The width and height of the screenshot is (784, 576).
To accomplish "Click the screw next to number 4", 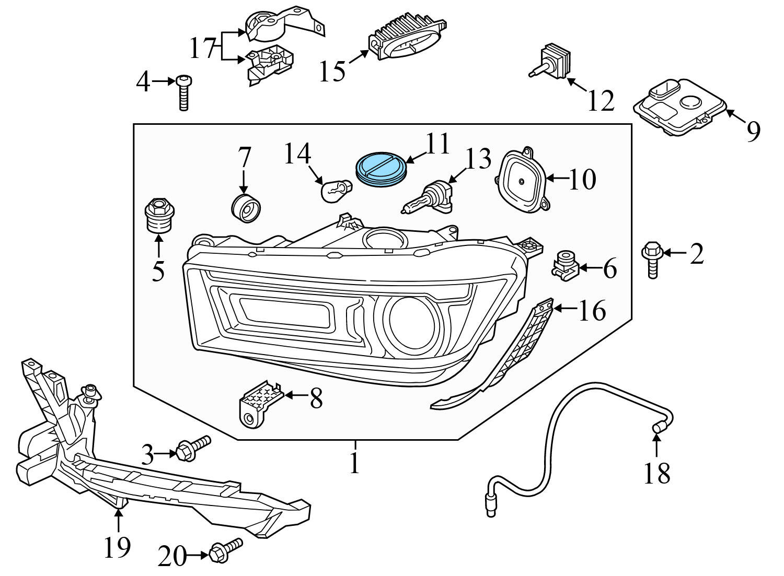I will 183,92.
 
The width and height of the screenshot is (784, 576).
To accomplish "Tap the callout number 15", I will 332,70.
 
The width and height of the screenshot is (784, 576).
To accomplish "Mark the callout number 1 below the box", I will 355,463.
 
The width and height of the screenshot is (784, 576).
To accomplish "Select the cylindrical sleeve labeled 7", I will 246,207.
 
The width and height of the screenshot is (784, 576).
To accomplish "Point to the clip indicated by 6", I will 565,266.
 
